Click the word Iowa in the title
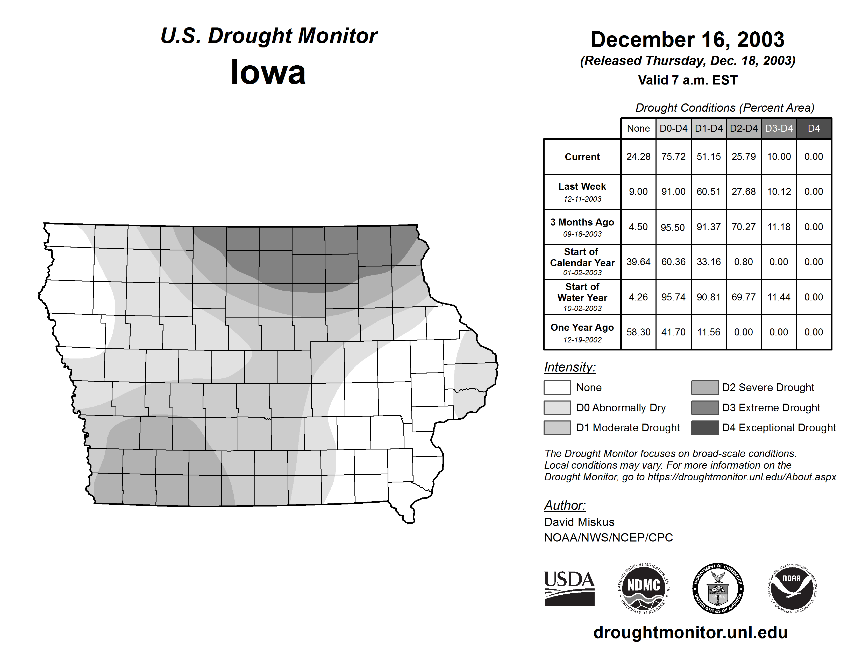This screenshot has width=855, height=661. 268,72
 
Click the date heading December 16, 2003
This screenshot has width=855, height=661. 687,40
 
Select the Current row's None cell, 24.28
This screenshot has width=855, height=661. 638,157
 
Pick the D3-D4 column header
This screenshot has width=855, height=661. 779,128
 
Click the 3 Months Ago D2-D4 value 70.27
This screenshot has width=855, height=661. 743,227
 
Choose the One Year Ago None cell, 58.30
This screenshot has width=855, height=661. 638,332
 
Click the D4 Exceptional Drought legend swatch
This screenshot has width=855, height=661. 705,428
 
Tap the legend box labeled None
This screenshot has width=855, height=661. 557,387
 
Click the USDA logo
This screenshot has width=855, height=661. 569,588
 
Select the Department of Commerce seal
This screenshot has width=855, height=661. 718,588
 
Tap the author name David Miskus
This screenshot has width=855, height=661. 579,522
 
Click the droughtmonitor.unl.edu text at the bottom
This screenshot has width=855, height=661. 690,632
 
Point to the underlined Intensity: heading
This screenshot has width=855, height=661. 569,367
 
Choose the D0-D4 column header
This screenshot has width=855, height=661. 673,128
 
